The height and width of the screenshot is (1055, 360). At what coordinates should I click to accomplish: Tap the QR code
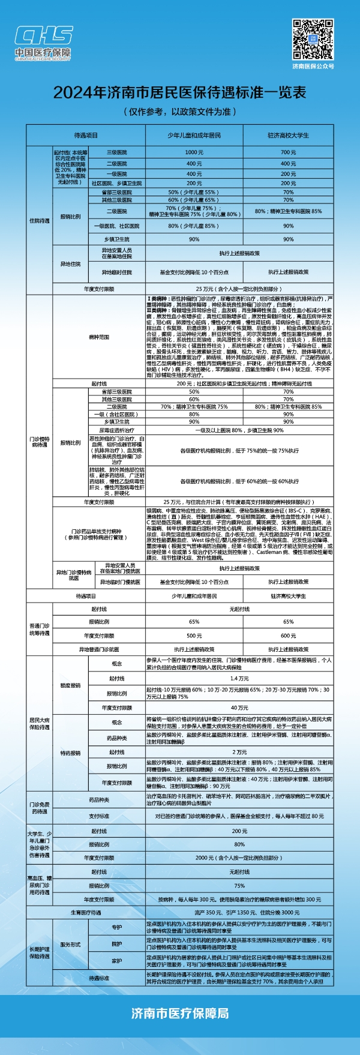click(313, 39)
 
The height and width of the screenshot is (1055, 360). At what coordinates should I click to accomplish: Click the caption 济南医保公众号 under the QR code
click(313, 66)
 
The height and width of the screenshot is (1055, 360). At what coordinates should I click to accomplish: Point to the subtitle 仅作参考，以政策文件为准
click(179, 112)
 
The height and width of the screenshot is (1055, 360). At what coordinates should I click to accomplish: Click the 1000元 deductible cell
click(194, 152)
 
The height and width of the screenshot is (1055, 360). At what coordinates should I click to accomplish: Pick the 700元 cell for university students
click(288, 152)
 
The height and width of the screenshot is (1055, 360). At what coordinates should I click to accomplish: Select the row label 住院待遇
click(39, 221)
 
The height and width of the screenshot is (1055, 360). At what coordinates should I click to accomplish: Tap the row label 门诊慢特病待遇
click(39, 442)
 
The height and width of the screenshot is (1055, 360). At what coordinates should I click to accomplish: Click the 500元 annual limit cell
click(194, 636)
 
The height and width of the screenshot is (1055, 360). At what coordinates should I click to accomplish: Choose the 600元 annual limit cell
click(288, 636)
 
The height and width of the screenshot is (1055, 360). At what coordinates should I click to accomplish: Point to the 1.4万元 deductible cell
click(239, 678)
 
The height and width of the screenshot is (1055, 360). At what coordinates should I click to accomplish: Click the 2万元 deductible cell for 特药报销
click(239, 752)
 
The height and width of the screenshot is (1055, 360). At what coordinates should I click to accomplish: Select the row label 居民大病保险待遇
click(39, 723)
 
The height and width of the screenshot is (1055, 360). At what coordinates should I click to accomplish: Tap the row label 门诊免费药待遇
click(39, 808)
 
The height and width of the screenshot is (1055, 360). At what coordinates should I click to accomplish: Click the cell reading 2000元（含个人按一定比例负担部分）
click(239, 858)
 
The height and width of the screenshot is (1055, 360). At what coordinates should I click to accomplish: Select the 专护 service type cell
click(116, 927)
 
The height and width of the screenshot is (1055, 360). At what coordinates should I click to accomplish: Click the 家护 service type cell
click(116, 961)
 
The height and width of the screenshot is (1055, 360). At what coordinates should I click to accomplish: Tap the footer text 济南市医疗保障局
click(179, 1013)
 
